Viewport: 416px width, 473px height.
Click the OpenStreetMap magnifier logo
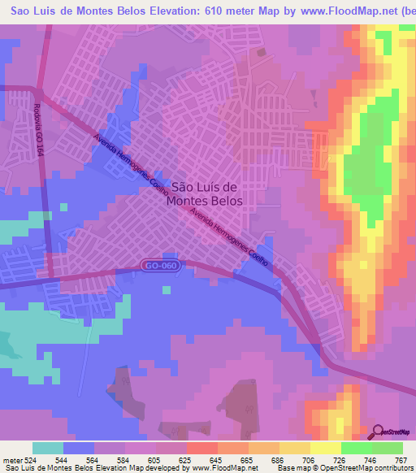tap(379, 432)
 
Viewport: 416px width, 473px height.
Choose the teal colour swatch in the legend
tap(48, 448)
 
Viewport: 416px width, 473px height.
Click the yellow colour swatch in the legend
tap(326, 448)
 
